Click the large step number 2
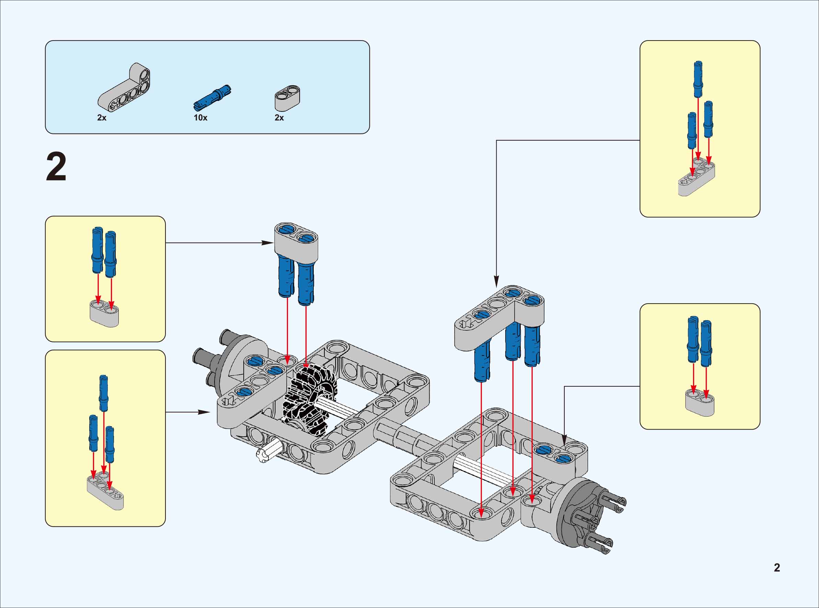point(56,167)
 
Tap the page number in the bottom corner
point(777,568)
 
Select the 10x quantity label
point(200,118)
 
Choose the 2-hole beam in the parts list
point(287,97)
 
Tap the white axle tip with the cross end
point(263,456)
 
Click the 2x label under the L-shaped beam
point(102,118)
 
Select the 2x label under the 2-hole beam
point(279,118)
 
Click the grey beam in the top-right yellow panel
point(696,178)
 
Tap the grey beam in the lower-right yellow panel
point(699,404)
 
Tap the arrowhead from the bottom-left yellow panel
point(204,412)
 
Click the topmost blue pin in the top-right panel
point(698,79)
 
